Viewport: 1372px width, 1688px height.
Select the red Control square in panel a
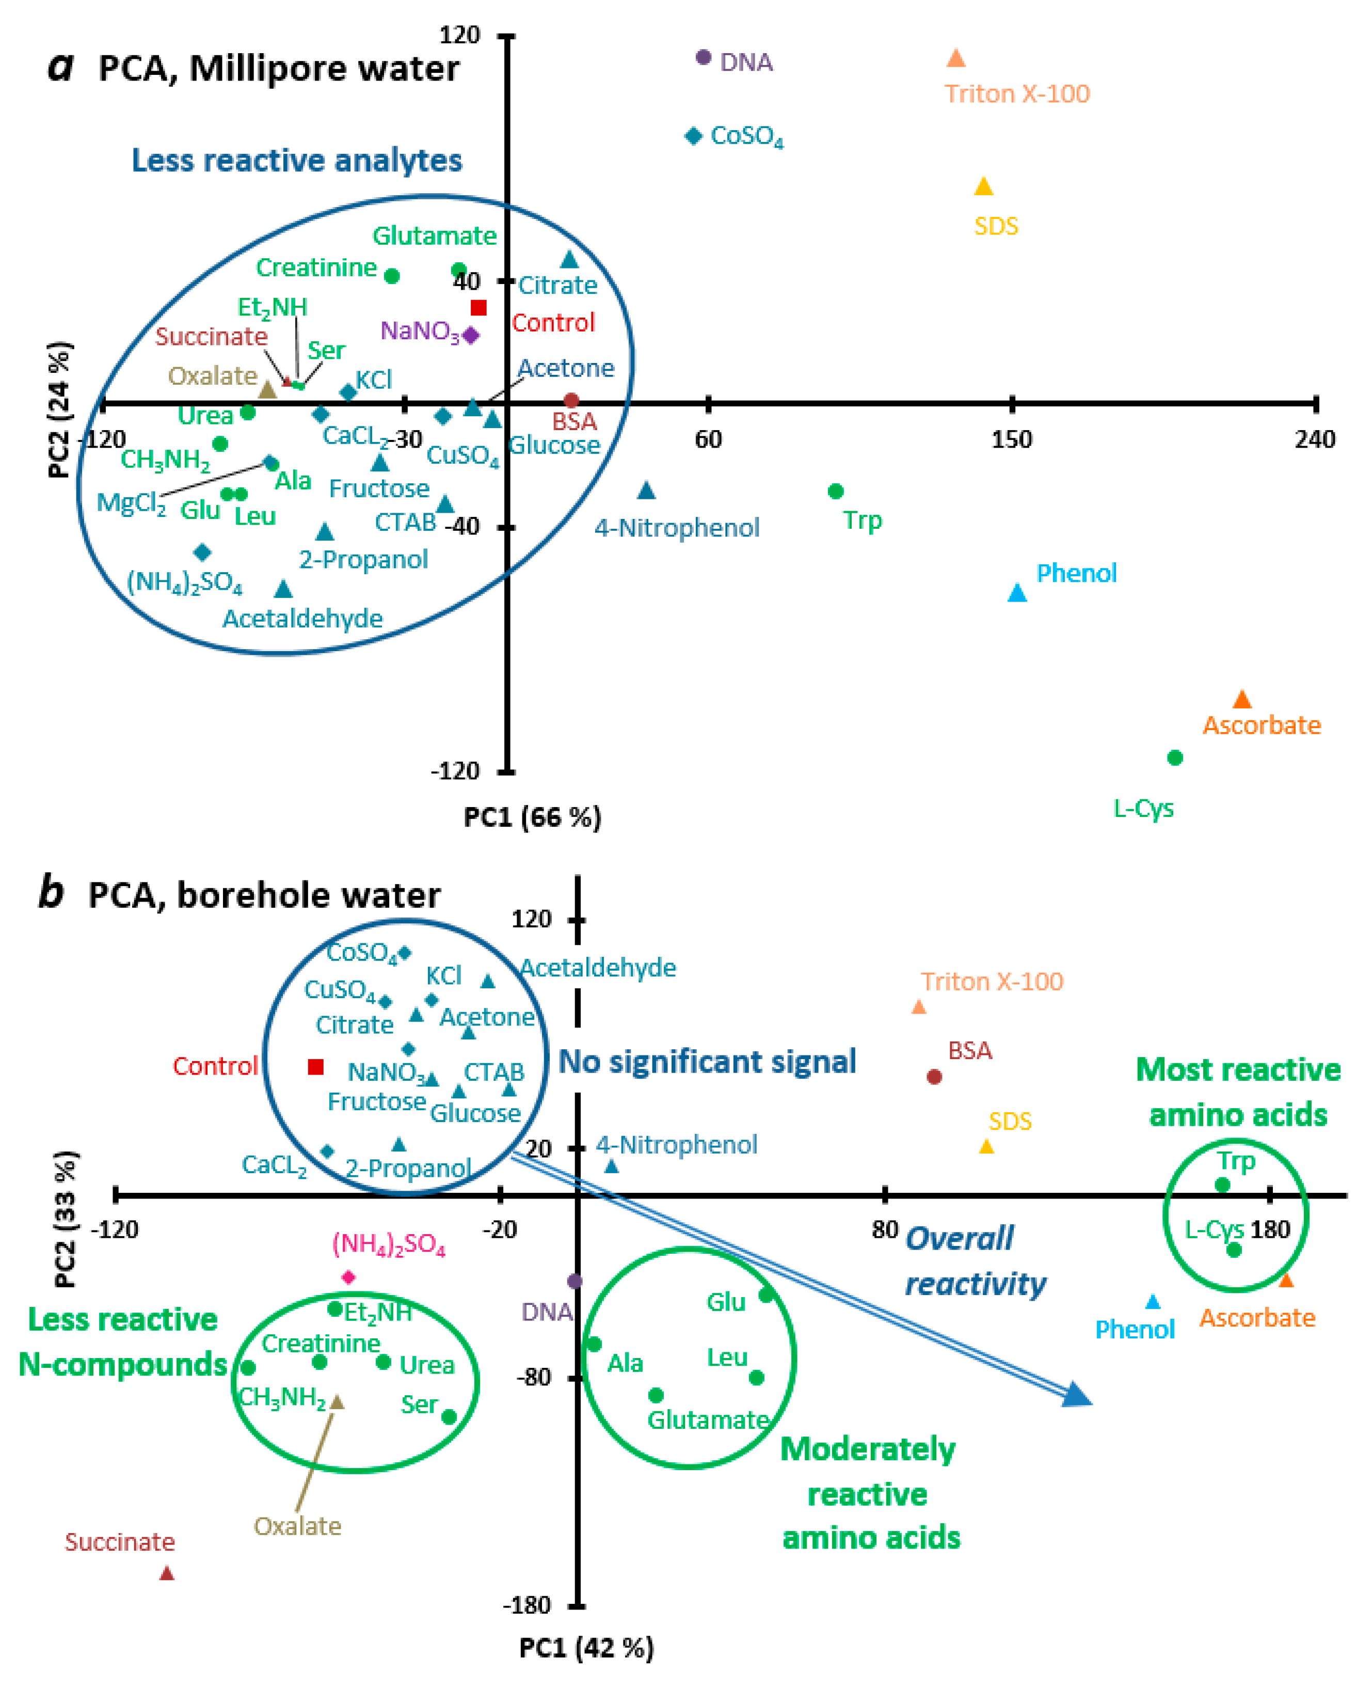[478, 308]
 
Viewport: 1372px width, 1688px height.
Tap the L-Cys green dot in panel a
[1174, 758]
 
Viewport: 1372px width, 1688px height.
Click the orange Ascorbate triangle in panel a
[1241, 700]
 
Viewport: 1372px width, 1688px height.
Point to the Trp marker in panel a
[835, 491]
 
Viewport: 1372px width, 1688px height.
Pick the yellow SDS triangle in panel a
[983, 186]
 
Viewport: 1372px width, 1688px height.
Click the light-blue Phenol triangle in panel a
[1017, 592]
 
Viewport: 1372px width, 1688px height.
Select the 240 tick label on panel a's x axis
[1314, 439]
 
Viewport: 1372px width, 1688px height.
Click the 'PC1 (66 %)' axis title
[532, 817]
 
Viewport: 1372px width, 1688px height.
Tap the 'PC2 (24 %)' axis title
[60, 409]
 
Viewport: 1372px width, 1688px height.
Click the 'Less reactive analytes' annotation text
[296, 161]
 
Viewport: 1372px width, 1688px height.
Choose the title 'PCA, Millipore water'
[278, 69]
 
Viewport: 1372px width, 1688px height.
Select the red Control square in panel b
[315, 1067]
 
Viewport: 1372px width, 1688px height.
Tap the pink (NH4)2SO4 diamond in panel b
[348, 1277]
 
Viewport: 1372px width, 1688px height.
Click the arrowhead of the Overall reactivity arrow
[1076, 1395]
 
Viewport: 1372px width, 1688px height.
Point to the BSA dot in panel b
[934, 1076]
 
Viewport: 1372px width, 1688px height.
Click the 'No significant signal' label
[707, 1062]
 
